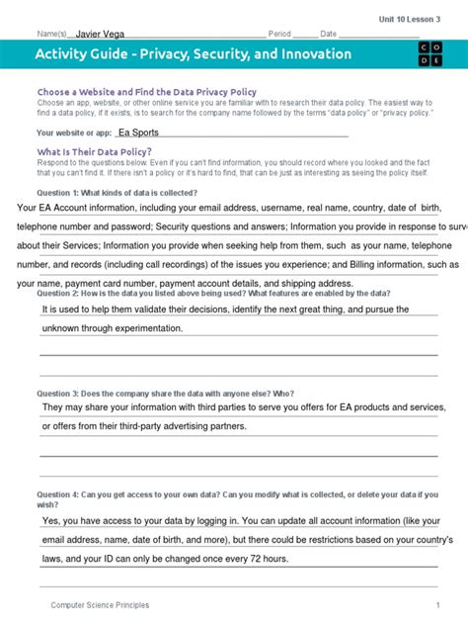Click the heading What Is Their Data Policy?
[x=94, y=151]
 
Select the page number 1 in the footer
[x=437, y=604]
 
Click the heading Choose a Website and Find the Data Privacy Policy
[x=146, y=92]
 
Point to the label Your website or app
[x=71, y=132]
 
